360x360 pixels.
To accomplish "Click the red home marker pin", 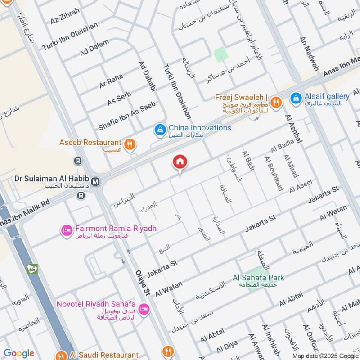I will (x=180, y=162).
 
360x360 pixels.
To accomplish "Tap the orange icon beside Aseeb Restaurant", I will (x=130, y=144).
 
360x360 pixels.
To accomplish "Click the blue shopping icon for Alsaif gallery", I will (x=296, y=98).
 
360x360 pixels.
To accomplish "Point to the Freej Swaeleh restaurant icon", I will (x=276, y=103).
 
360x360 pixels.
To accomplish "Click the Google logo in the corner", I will (x=19, y=353).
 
